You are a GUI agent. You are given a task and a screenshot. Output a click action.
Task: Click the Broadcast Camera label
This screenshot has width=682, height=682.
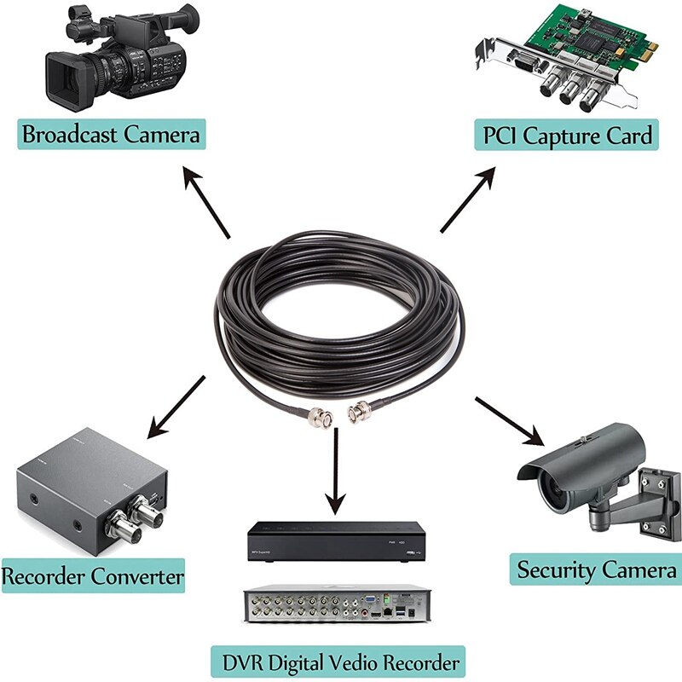(x=111, y=134)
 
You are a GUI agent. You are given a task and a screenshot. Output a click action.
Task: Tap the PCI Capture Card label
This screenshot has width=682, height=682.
(x=567, y=134)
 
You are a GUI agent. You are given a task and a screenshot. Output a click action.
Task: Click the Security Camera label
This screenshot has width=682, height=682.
(x=597, y=569)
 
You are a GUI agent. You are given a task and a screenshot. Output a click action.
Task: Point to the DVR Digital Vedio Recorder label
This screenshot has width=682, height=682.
(x=338, y=661)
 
